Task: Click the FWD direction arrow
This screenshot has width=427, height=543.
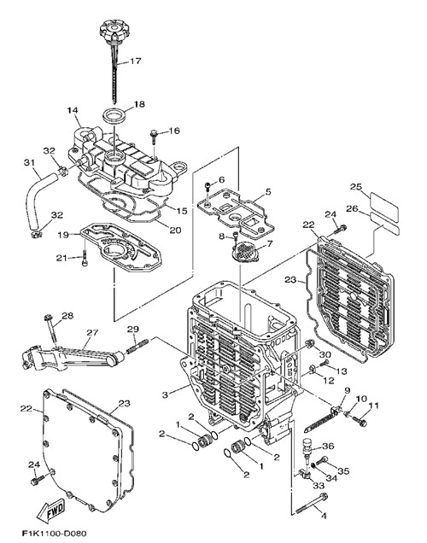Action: pyautogui.click(x=51, y=510)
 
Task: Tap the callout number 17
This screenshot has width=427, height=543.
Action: pyautogui.click(x=136, y=61)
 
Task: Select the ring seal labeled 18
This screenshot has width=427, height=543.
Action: pyautogui.click(x=114, y=115)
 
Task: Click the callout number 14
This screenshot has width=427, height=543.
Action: pyautogui.click(x=73, y=110)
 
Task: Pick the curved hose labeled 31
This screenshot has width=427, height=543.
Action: pyautogui.click(x=40, y=203)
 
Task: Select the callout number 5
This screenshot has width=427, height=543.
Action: pyautogui.click(x=268, y=191)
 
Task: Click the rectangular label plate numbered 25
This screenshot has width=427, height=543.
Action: pyautogui.click(x=384, y=207)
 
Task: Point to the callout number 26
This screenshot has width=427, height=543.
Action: pyautogui.click(x=352, y=209)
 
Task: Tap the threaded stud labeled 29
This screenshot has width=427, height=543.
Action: pyautogui.click(x=137, y=347)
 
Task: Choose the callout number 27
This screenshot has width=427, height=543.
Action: pyautogui.click(x=92, y=332)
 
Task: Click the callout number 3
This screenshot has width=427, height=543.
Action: pyautogui.click(x=165, y=394)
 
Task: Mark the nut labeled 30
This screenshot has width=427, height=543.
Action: pyautogui.click(x=309, y=345)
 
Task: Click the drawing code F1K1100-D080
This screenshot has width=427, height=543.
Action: pyautogui.click(x=54, y=533)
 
